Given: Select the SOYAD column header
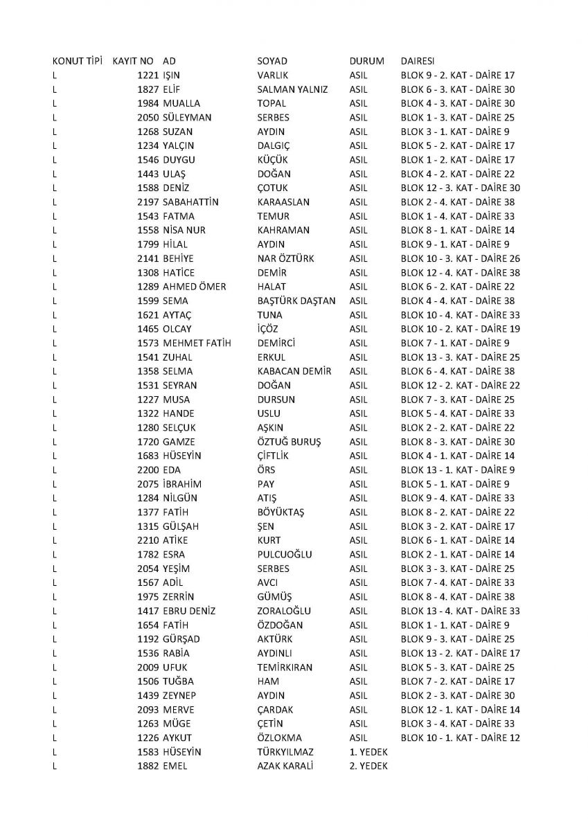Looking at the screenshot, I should pyautogui.click(x=271, y=61).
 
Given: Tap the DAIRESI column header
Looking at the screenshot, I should pyautogui.click(x=418, y=61).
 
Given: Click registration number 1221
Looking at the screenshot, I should pyautogui.click(x=148, y=75).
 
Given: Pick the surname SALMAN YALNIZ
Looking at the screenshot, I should pyautogui.click(x=292, y=89).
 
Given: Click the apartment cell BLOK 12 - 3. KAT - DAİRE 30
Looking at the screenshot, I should pyautogui.click(x=461, y=188).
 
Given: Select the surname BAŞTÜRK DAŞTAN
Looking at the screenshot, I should pyautogui.click(x=296, y=301).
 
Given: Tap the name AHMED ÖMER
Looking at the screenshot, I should pyautogui.click(x=194, y=287).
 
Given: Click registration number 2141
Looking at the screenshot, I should pyautogui.click(x=148, y=258).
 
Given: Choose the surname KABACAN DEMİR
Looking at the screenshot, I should pyautogui.click(x=294, y=371).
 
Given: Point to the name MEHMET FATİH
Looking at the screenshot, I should pyautogui.click(x=197, y=343).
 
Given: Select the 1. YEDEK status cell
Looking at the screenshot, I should pyautogui.click(x=369, y=751).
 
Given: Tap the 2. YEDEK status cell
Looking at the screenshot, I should pyautogui.click(x=369, y=766).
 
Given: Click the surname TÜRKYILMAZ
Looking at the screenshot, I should pyautogui.click(x=285, y=751).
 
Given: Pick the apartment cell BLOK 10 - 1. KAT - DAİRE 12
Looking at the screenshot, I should pyautogui.click(x=461, y=738).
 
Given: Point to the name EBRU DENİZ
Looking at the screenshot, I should pyautogui.click(x=189, y=611).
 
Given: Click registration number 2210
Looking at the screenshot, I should pyautogui.click(x=148, y=540).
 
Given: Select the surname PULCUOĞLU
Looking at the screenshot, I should pyautogui.click(x=284, y=554).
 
